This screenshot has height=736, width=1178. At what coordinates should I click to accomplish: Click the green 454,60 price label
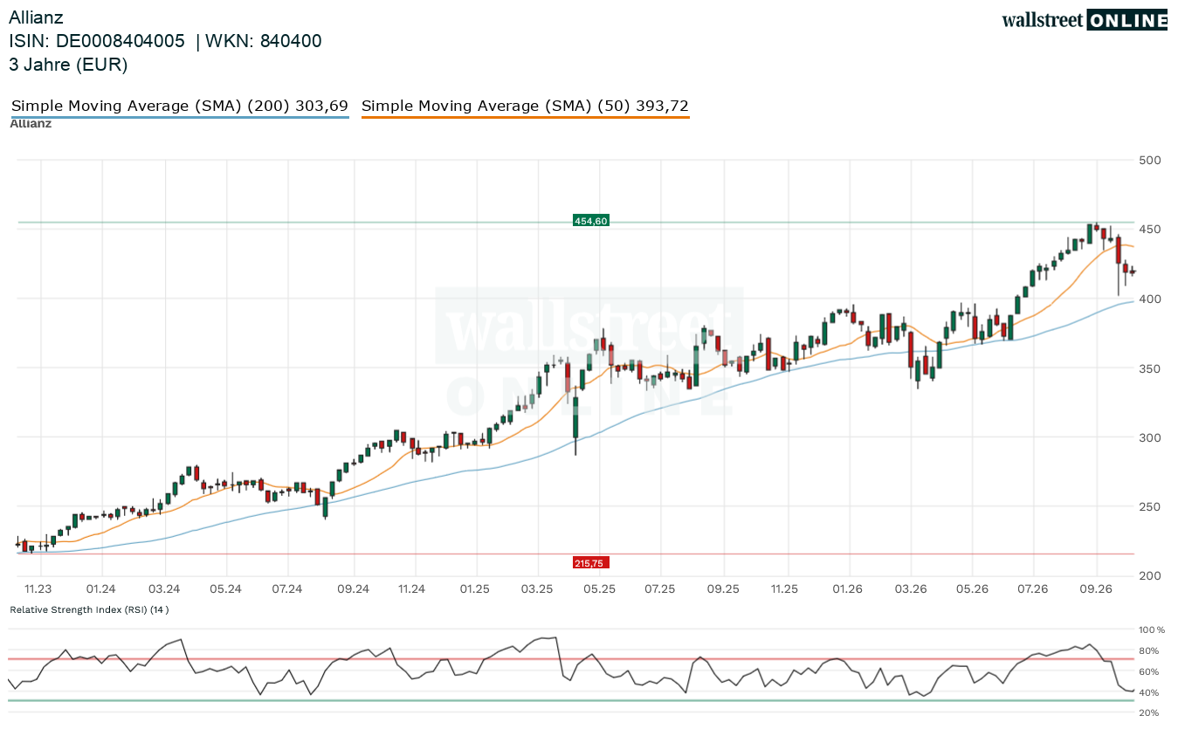click(590, 221)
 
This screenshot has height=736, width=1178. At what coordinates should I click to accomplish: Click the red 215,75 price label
click(590, 563)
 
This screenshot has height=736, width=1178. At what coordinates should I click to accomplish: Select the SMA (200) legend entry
click(180, 107)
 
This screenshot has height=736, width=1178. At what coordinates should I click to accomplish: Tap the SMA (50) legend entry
click(526, 107)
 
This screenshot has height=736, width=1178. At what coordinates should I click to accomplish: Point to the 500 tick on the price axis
click(1149, 161)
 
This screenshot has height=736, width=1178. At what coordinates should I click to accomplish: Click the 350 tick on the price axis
click(1149, 368)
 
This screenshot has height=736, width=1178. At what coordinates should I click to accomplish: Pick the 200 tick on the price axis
click(1149, 575)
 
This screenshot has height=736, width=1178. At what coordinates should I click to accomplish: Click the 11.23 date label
click(38, 588)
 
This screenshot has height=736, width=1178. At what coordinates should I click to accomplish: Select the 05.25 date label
click(599, 588)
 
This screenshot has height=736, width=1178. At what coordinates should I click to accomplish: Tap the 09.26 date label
click(1096, 588)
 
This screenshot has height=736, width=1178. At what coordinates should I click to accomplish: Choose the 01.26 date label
click(847, 588)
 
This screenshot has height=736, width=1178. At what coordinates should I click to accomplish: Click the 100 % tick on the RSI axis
click(1152, 629)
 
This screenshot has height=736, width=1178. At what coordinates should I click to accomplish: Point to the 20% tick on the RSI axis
click(1149, 713)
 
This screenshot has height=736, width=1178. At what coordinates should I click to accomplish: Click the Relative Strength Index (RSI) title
click(89, 609)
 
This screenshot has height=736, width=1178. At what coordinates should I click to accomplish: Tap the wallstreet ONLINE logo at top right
click(1085, 20)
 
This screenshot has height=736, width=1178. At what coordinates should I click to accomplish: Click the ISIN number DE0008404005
click(121, 41)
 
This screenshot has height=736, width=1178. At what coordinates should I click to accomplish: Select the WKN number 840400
click(291, 41)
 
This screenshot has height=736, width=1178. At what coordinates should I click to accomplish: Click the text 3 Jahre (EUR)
click(68, 65)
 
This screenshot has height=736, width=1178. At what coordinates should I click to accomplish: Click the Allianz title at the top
click(36, 17)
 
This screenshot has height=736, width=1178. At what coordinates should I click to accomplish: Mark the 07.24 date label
click(287, 588)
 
